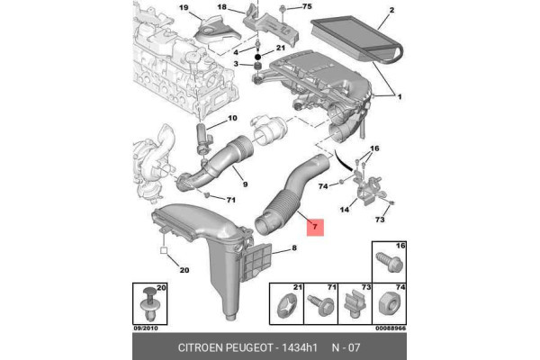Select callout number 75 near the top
pyautogui.click(x=307, y=7)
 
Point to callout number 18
pyautogui.click(x=248, y=6)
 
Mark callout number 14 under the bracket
pyautogui.click(x=343, y=211)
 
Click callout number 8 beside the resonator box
pyautogui.click(x=292, y=247)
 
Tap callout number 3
pyautogui.click(x=236, y=65)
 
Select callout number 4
pyautogui.click(x=236, y=50)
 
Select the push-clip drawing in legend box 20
pyautogui.click(x=151, y=304)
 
